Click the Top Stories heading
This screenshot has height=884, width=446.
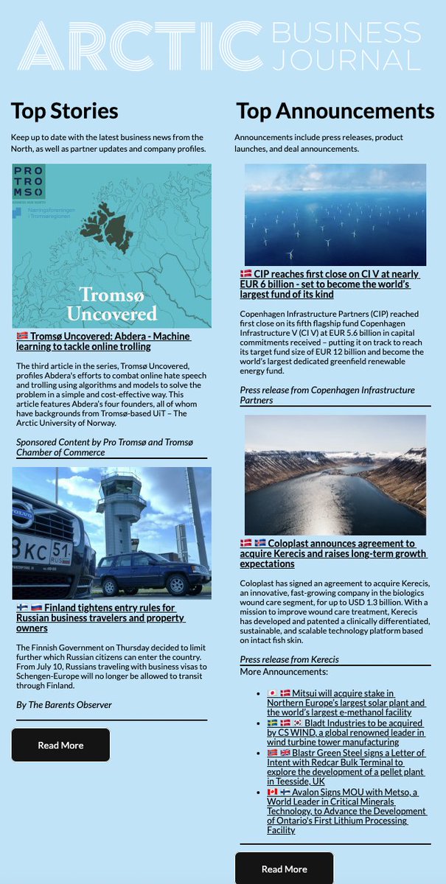click(65, 110)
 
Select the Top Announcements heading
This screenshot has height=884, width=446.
click(335, 110)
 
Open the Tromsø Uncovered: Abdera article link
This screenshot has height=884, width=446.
click(103, 341)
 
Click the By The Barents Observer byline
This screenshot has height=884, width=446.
click(64, 705)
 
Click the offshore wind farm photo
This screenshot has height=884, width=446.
click(335, 214)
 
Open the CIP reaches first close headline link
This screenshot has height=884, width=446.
click(330, 284)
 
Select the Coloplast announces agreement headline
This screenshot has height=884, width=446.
click(333, 553)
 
